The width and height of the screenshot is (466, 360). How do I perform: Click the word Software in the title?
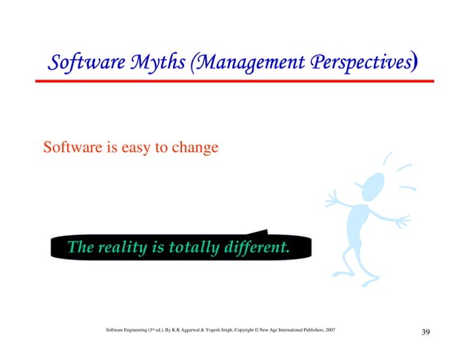pos(81,64)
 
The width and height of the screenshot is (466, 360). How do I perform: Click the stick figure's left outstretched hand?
pos(334,199)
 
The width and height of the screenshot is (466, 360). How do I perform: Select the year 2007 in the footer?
pos(329,331)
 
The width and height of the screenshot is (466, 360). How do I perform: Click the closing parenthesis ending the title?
pos(414,64)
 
